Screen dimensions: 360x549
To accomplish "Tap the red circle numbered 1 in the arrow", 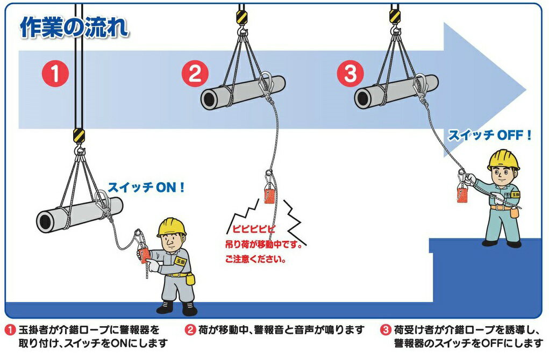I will [55, 74].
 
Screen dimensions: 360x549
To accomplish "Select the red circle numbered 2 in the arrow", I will [195, 74].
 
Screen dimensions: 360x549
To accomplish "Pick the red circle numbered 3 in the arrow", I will [350, 74].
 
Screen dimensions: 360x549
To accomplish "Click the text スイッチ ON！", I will [147, 188].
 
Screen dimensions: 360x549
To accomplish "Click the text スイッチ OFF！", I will [490, 135].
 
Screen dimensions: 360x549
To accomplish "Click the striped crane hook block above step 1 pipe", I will [79, 134].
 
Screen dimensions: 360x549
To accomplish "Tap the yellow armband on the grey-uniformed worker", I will [180, 261].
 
